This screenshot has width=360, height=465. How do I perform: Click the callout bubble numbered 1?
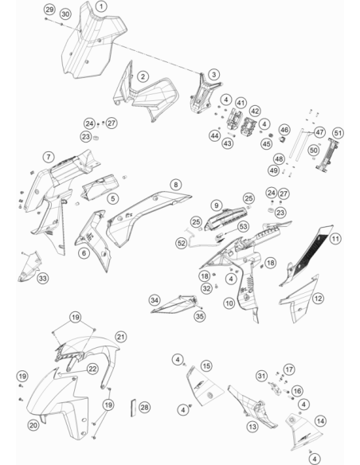click(x=101, y=6)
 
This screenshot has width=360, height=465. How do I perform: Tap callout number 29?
click(x=50, y=10)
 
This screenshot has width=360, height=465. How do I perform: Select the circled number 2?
click(x=143, y=76)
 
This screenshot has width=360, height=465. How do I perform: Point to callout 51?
click(x=338, y=133)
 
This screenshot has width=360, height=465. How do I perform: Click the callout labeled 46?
click(x=284, y=130)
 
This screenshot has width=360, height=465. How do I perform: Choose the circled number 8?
click(x=176, y=185)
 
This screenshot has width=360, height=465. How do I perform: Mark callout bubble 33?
click(x=43, y=279)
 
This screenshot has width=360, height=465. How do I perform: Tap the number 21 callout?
click(x=121, y=337)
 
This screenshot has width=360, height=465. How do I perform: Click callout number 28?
click(x=144, y=407)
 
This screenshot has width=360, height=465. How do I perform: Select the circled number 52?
click(x=182, y=243)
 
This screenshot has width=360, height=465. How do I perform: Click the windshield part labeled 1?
click(x=92, y=41)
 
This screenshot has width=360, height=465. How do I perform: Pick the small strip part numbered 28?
click(x=133, y=408)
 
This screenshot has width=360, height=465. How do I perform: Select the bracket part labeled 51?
click(x=327, y=154)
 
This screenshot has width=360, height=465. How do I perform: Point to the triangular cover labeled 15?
click(x=205, y=385)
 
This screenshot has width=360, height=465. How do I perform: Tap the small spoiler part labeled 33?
click(x=29, y=267)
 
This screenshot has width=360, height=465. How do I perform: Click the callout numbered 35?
click(x=200, y=316)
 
